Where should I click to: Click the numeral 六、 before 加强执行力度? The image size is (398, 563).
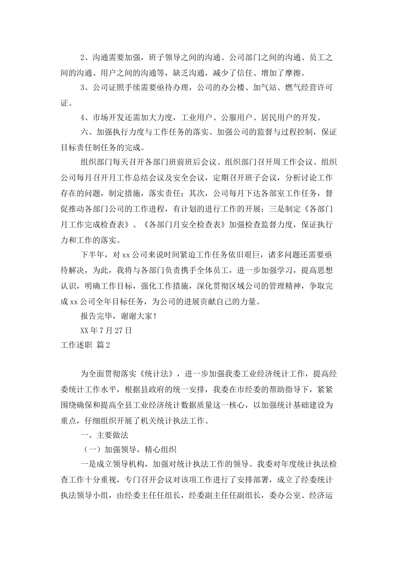point(85,132)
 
